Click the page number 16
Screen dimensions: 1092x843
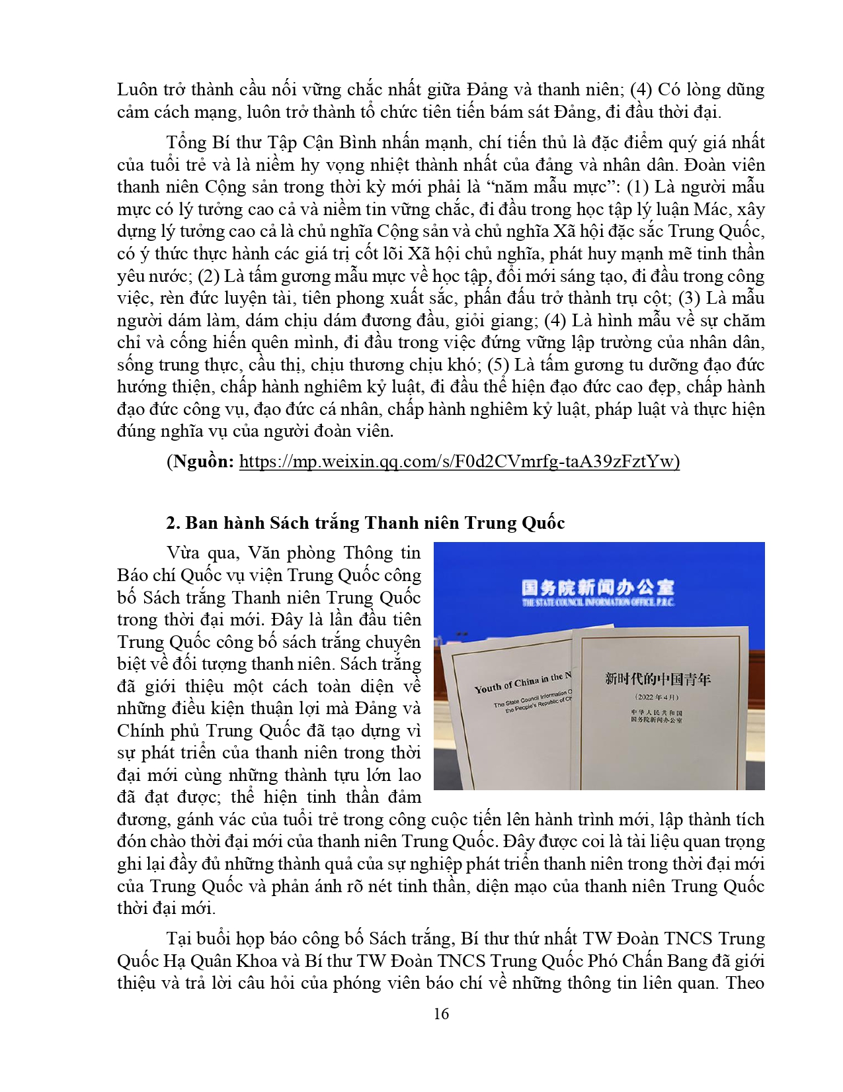point(441,1014)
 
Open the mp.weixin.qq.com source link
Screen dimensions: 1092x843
point(459,461)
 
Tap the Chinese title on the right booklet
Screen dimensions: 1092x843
point(657,678)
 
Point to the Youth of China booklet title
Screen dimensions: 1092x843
point(522,682)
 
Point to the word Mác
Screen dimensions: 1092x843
point(711,209)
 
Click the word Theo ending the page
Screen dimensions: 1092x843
point(745,983)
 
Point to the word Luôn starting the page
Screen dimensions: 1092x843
point(138,89)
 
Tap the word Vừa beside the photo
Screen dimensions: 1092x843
point(183,553)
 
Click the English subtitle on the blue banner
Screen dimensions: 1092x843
point(598,602)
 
